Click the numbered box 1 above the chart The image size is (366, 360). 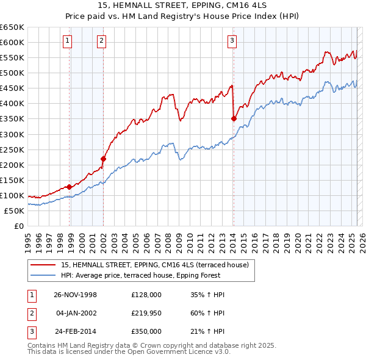pyautogui.click(x=67, y=41)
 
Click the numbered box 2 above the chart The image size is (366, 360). pyautogui.click(x=101, y=41)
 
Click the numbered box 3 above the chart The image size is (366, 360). pyautogui.click(x=232, y=41)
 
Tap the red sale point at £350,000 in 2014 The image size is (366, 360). pyautogui.click(x=234, y=119)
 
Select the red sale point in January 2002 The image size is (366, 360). pyautogui.click(x=103, y=159)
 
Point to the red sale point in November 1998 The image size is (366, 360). pyautogui.click(x=70, y=187)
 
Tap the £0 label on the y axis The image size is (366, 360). pyautogui.click(x=18, y=226)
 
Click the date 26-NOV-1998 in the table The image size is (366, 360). pyautogui.click(x=76, y=295)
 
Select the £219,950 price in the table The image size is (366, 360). pyautogui.click(x=146, y=313)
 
